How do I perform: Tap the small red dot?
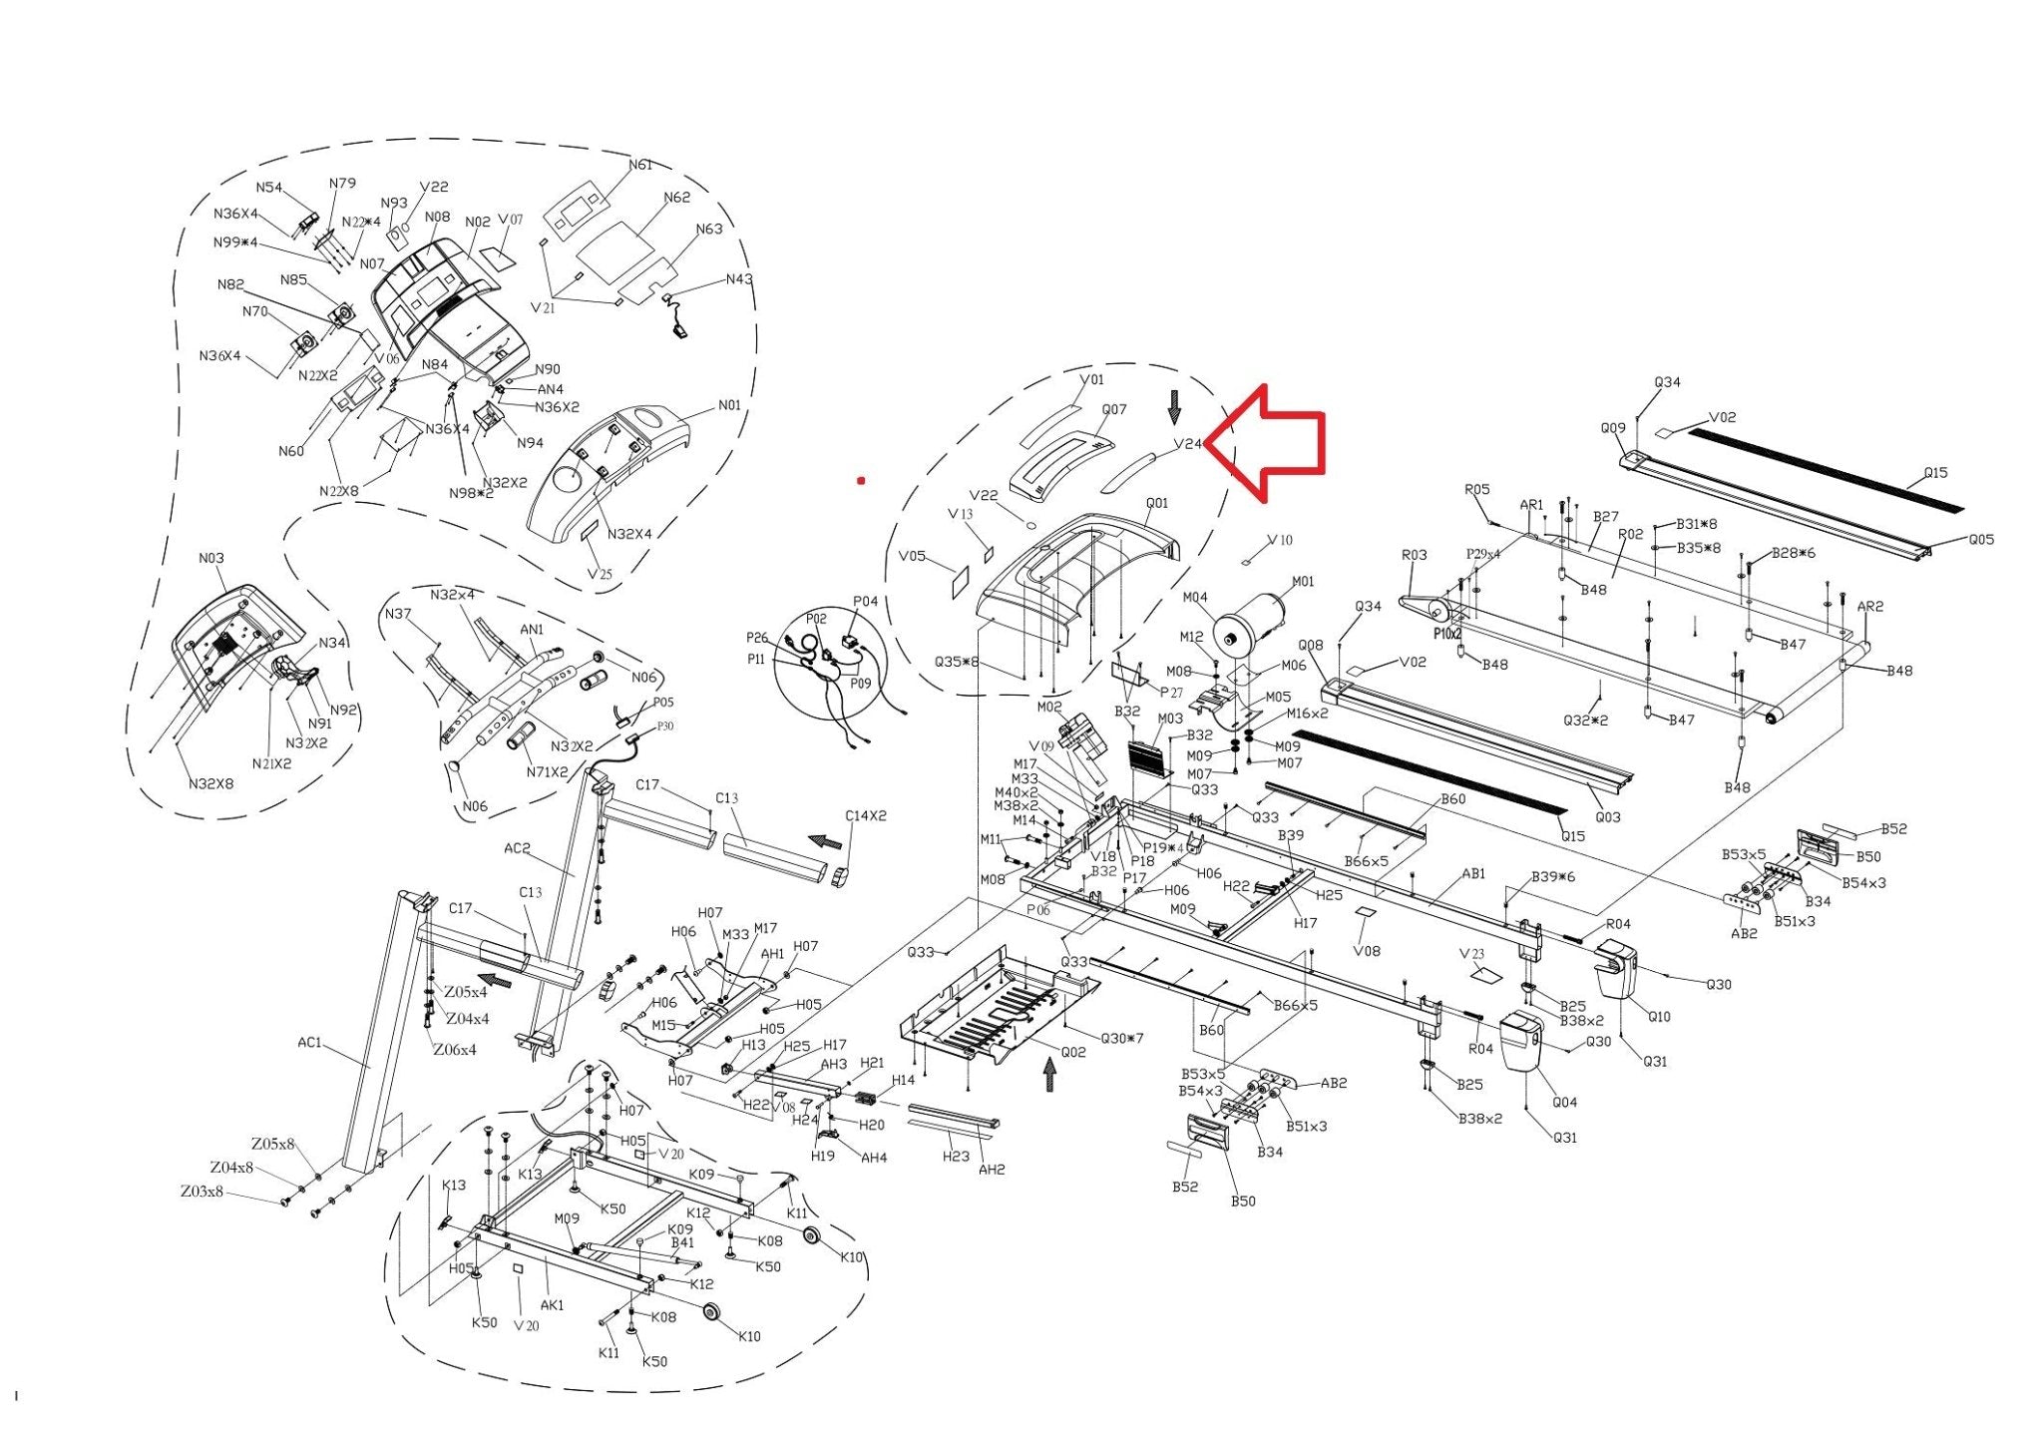click(x=861, y=481)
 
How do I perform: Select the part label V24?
click(x=1188, y=444)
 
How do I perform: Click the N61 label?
click(x=639, y=165)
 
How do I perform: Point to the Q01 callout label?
click(x=1156, y=503)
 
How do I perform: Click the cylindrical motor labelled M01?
click(x=1248, y=623)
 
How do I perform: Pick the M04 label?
click(x=1195, y=598)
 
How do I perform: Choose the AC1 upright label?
click(x=309, y=1043)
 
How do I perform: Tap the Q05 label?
click(x=1980, y=540)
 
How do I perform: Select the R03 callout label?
click(x=1414, y=555)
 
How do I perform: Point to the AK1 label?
click(x=552, y=1304)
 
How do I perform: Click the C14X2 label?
click(x=865, y=815)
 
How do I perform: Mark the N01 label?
click(x=729, y=405)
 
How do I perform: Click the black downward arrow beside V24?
click(x=1174, y=406)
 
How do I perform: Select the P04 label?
click(x=865, y=602)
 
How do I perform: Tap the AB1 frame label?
click(x=1473, y=874)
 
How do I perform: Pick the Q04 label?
click(x=1564, y=1102)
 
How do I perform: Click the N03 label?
click(x=211, y=558)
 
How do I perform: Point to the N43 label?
click(x=739, y=279)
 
